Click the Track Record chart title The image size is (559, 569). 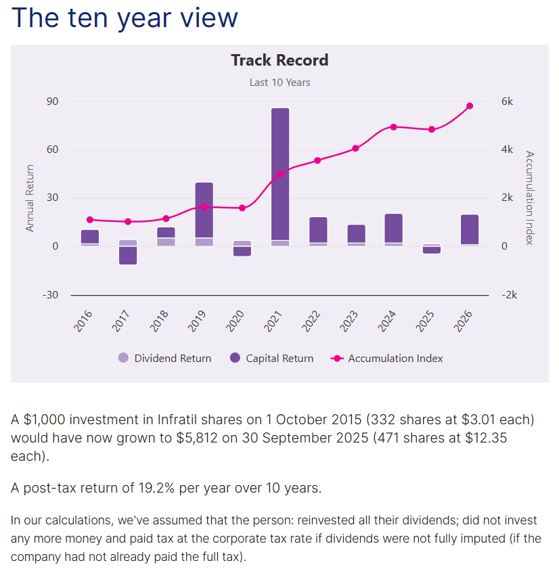coord(279,60)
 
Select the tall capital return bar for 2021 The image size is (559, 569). coord(280,173)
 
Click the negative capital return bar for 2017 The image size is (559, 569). coord(128,255)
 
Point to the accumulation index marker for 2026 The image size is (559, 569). coord(470,106)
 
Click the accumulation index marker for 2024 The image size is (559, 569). coord(393,127)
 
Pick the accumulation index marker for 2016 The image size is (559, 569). coord(90,220)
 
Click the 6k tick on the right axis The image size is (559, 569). coord(507,101)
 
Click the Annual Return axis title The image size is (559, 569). coord(30,198)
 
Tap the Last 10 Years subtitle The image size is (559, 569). coord(279,83)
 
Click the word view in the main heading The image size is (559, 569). coord(206,18)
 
